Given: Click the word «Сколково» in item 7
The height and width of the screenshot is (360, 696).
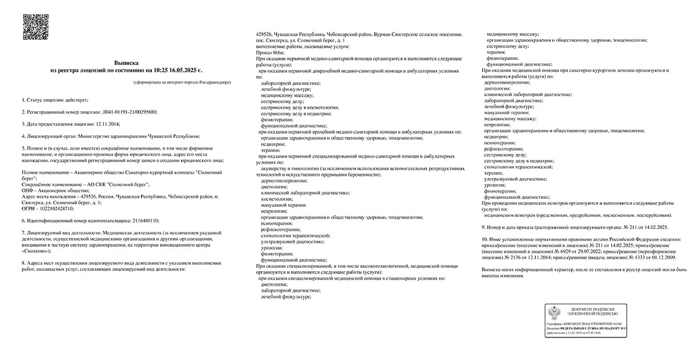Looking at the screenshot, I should pyautogui.click(x=35, y=251).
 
